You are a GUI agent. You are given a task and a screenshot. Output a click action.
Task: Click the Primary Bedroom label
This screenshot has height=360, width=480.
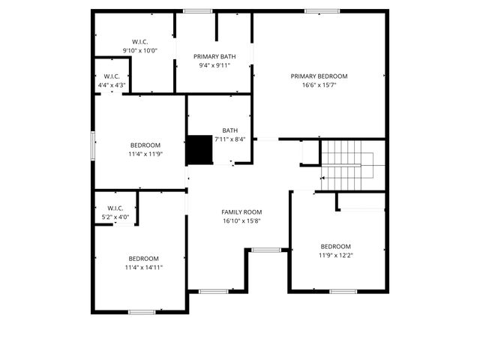[319, 76]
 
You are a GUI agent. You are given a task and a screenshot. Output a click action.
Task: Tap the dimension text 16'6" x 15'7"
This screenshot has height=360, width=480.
[319, 85]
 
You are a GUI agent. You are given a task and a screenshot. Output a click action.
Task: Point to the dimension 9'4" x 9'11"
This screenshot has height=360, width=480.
[214, 65]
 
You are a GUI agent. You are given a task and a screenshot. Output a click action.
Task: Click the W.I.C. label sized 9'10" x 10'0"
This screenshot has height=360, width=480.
[139, 41]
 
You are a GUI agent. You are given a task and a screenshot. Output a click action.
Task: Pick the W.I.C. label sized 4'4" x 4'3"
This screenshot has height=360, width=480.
[112, 76]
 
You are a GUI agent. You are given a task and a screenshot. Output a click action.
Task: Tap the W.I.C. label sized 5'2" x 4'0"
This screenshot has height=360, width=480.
[115, 208]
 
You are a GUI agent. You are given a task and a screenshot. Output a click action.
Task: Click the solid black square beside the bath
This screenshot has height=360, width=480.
[199, 149]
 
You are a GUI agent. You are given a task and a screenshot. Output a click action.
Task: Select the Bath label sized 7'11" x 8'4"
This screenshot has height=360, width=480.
[229, 130]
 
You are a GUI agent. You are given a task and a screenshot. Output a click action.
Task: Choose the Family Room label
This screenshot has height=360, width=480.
[241, 212]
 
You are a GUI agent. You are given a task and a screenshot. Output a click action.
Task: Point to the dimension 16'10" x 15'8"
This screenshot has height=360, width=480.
[241, 221]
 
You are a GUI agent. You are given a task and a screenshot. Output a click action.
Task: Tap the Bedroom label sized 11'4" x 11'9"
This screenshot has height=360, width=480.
[145, 145]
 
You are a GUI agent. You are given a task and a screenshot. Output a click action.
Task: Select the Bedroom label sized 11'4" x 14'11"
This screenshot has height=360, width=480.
[143, 258]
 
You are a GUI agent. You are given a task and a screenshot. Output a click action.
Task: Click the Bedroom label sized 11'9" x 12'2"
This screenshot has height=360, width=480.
[335, 247]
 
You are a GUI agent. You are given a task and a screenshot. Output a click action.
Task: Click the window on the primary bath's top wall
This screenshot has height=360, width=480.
[197, 10]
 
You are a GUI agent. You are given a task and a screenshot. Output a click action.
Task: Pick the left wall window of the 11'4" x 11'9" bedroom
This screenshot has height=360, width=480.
[93, 145]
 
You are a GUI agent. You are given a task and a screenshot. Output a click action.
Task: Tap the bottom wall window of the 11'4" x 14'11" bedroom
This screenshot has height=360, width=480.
[141, 311]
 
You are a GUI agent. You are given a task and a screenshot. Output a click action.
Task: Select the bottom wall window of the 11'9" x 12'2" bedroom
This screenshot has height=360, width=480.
[343, 291]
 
